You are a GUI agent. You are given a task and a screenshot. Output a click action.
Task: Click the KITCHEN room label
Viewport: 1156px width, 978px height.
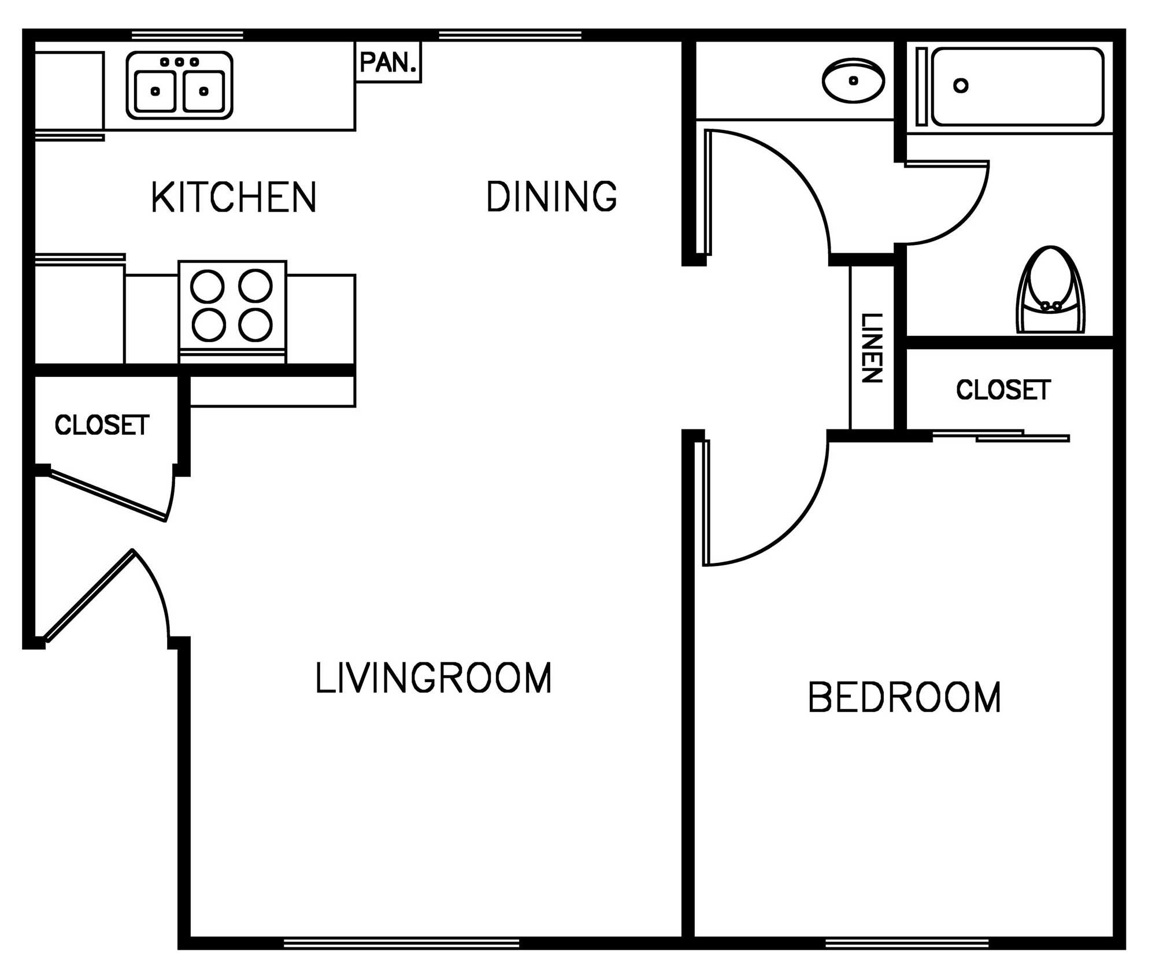234,197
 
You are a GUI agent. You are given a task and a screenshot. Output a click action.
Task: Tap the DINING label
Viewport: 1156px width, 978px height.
551,197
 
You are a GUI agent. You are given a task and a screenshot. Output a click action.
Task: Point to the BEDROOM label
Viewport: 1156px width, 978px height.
904,698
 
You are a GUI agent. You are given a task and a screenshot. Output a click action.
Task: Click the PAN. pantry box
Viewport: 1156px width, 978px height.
388,62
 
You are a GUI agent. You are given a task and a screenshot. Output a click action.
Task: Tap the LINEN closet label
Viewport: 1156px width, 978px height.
872,348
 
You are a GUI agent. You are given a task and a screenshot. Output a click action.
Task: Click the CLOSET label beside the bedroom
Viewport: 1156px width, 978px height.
1003,390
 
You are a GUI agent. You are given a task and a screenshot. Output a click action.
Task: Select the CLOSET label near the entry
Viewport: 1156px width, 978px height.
102,425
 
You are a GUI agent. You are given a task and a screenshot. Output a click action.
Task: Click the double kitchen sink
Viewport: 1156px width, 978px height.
180,86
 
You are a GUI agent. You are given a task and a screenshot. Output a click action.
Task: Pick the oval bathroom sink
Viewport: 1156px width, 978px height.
853,80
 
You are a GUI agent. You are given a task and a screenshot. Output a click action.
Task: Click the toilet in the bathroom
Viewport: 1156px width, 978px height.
1050,292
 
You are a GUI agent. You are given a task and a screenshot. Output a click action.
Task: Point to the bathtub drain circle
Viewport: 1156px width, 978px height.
961,86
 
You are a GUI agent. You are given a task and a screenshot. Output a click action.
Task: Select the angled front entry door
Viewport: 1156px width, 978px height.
90,595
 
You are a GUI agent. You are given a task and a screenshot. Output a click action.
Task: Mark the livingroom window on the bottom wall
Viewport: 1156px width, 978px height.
401,943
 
